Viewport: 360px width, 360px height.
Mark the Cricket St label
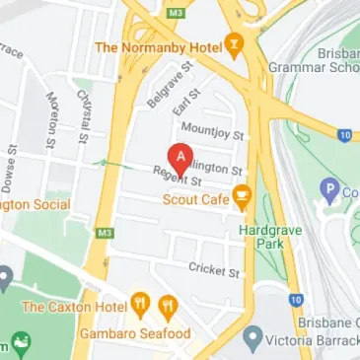coord(213,269)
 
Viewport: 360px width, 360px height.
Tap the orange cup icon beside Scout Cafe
coord(240,200)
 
